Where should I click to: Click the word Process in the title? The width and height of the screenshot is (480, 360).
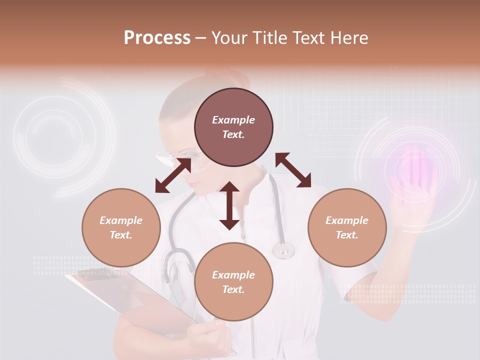[157, 38]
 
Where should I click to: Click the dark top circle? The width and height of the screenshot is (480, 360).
[233, 127]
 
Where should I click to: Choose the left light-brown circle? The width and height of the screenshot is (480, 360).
[121, 227]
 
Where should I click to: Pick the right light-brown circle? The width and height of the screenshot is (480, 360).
[347, 227]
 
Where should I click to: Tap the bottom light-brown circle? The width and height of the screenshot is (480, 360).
[233, 282]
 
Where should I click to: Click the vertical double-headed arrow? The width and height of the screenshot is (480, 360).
[229, 205]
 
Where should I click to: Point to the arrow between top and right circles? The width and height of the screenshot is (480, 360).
[293, 170]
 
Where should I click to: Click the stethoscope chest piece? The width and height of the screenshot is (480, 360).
[283, 249]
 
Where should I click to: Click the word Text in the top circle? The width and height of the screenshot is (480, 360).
[233, 134]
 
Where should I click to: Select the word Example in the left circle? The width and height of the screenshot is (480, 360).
[121, 220]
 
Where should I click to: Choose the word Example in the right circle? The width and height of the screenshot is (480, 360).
[347, 220]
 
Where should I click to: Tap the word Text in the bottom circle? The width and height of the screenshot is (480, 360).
[233, 289]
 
